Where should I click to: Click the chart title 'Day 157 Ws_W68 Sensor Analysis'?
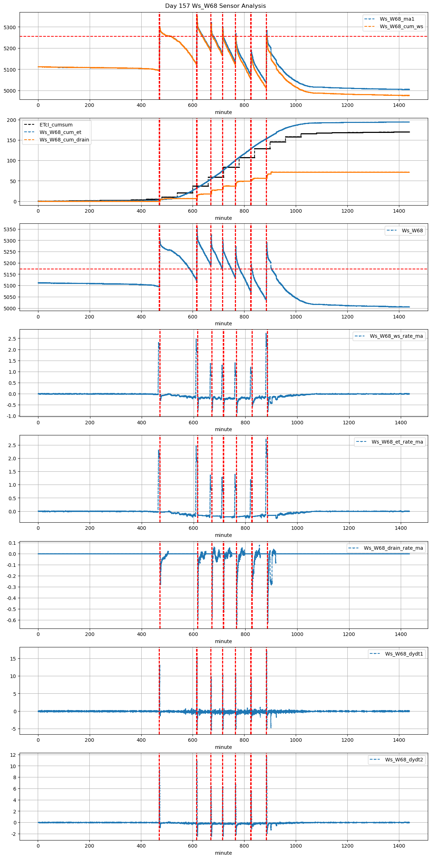[x=215, y=6]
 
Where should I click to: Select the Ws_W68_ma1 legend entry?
[x=397, y=19]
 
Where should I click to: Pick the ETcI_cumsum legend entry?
[x=56, y=125]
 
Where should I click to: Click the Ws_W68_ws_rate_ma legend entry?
[x=396, y=336]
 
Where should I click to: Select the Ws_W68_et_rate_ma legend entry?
[x=397, y=442]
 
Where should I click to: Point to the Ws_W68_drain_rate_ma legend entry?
[x=393, y=548]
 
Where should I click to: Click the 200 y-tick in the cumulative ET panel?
[x=12, y=120]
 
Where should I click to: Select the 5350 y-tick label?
[x=10, y=229]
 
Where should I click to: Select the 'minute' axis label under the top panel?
[x=223, y=112]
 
